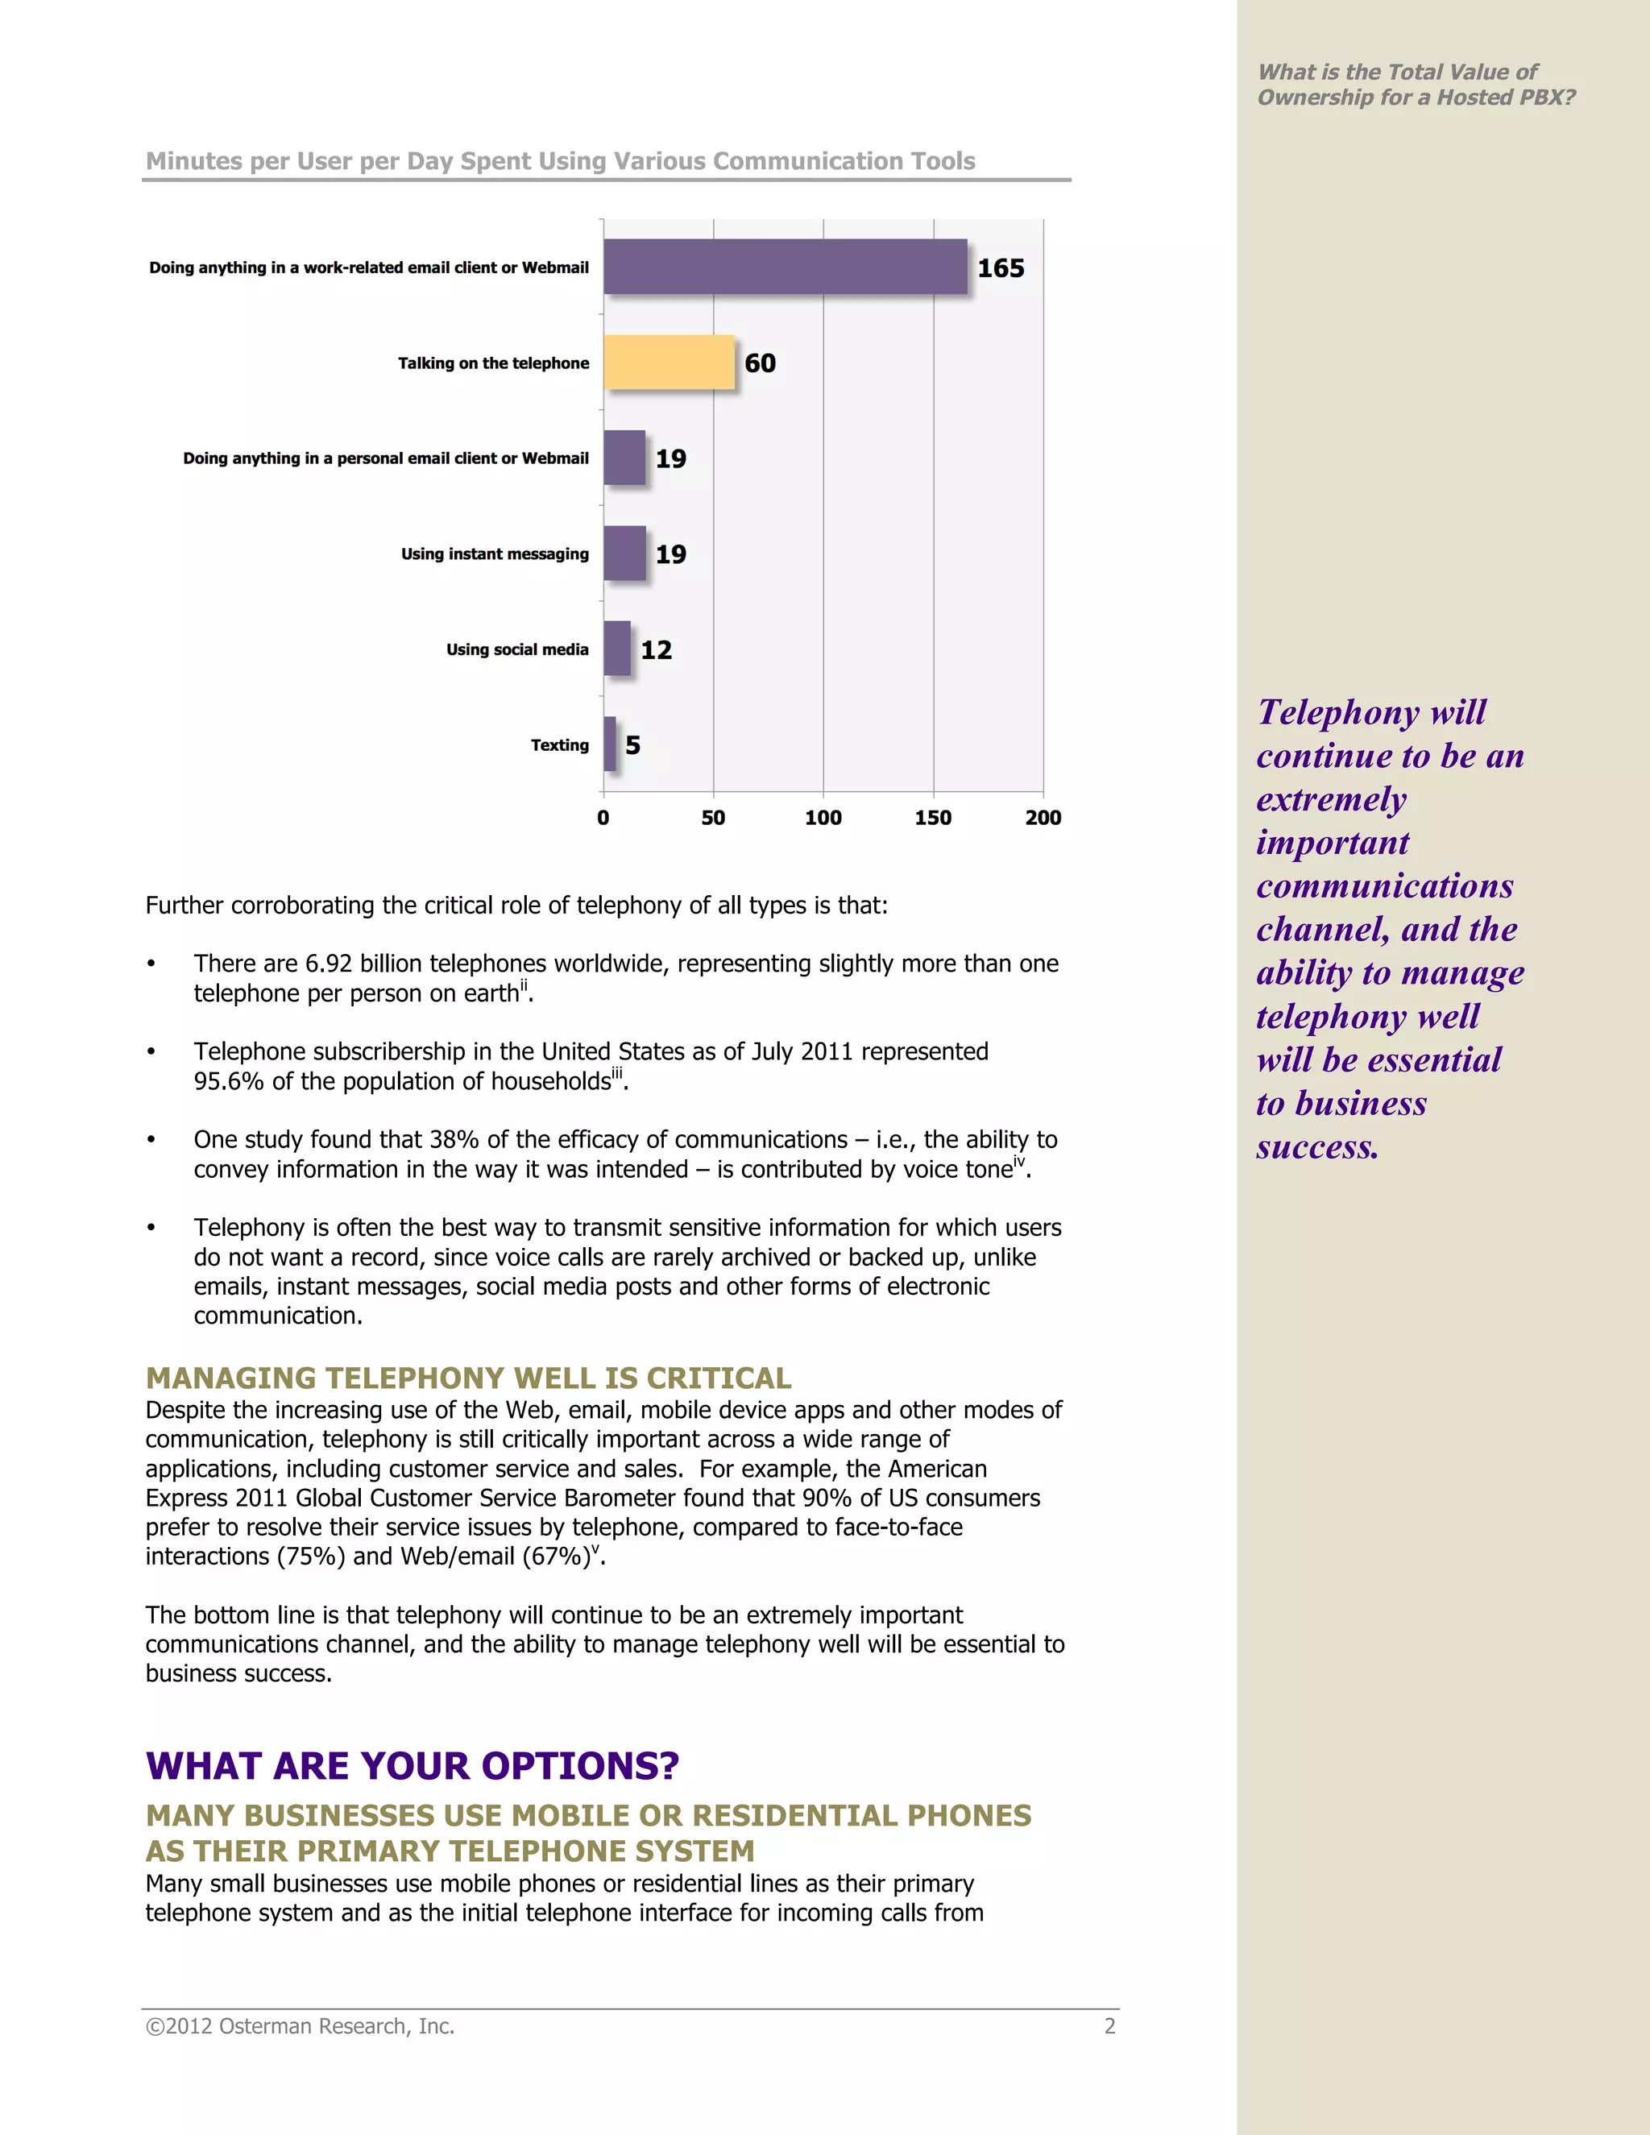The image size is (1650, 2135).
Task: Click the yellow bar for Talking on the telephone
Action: tap(669, 363)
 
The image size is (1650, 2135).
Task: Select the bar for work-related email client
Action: tap(785, 267)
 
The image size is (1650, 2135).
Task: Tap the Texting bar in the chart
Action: tap(610, 744)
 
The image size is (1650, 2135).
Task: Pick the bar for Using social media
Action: tap(617, 648)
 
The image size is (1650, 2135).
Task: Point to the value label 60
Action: tap(760, 363)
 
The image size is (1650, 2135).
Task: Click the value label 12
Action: tap(656, 650)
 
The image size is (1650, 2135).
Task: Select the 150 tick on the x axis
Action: tap(932, 817)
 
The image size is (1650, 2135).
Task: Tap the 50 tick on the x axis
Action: tap(712, 817)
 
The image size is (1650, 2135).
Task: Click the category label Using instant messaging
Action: tap(495, 554)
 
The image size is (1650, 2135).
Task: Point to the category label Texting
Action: tap(559, 745)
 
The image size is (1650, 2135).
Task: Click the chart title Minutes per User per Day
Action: tap(560, 161)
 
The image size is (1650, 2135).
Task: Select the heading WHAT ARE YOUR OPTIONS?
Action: tap(412, 1765)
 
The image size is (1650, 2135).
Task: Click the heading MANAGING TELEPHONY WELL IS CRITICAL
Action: tap(468, 1378)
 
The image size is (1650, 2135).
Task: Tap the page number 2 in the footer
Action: tap(1109, 2026)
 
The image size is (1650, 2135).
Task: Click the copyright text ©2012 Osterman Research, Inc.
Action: tap(300, 2026)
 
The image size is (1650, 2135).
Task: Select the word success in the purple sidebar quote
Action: tap(1316, 1146)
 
